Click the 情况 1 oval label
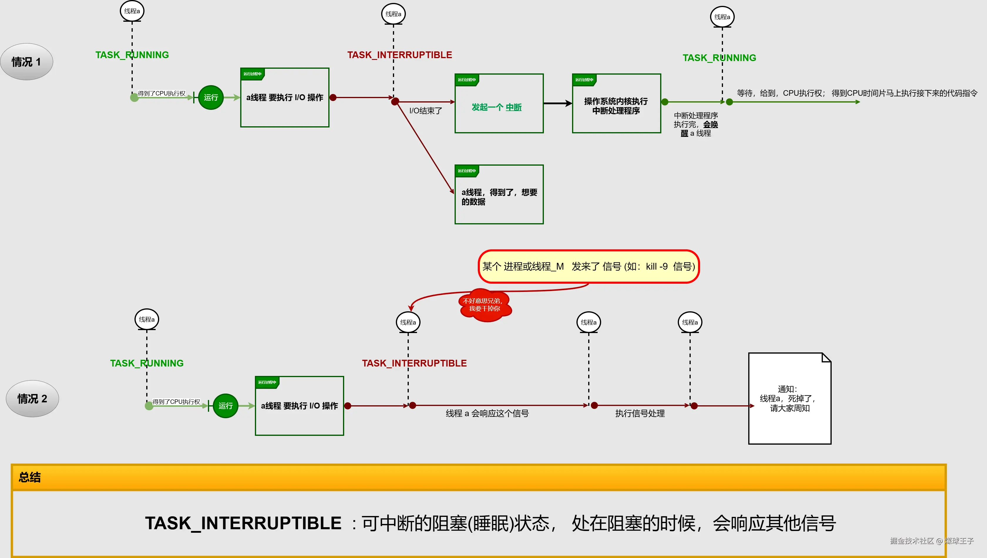pos(26,62)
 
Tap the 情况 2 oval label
pos(32,399)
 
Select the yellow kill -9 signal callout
pos(588,266)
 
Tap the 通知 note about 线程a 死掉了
pos(790,399)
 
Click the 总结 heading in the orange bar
pos(30,477)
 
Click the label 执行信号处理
pos(640,414)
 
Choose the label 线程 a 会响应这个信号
pos(487,414)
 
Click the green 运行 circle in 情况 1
pos(211,97)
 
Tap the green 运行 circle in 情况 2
pos(225,406)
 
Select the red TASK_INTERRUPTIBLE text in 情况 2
pos(414,363)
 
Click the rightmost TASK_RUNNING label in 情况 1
pos(719,58)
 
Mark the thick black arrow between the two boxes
pos(557,103)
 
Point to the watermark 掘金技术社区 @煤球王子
pos(931,541)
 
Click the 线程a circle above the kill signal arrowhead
pos(408,322)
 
